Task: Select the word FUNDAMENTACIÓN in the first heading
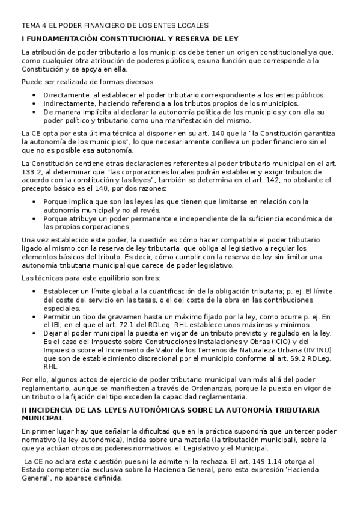click(58, 38)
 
